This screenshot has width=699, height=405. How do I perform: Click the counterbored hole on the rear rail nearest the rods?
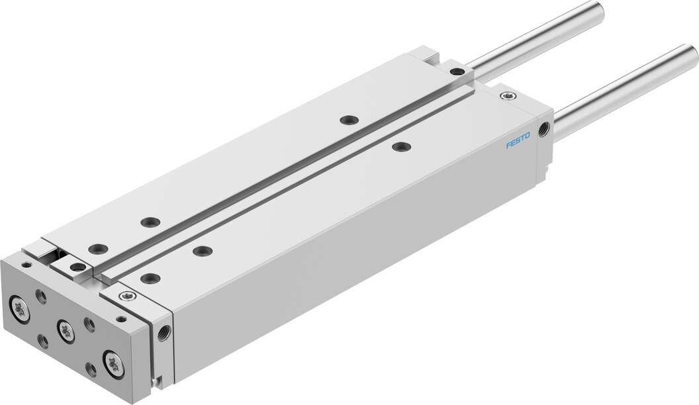point(346,120)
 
